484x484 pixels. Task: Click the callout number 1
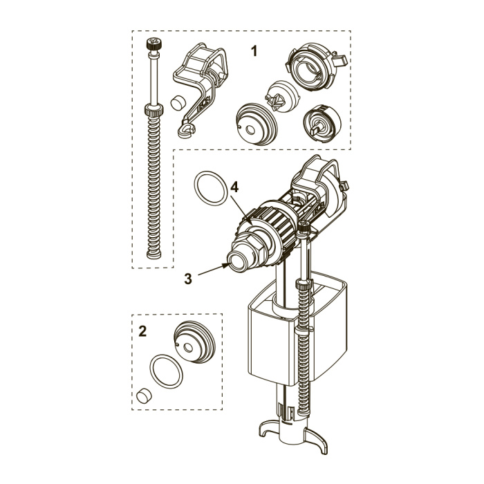point(254,51)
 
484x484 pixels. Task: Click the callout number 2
point(142,331)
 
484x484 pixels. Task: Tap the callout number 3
point(188,279)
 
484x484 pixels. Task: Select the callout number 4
point(234,187)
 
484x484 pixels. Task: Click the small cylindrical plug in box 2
point(144,395)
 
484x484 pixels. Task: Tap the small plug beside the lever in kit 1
point(178,103)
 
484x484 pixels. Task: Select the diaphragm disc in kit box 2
point(194,342)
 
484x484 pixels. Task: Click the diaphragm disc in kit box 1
point(257,124)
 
